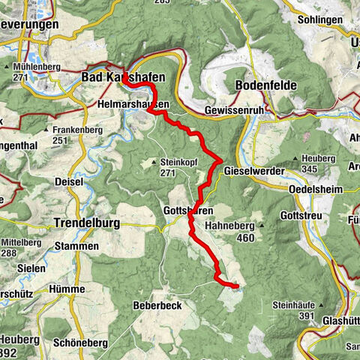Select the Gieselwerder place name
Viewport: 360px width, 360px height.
(x=254, y=171)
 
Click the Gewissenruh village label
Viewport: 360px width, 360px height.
(x=232, y=110)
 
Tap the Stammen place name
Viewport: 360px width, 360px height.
(x=77, y=246)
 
